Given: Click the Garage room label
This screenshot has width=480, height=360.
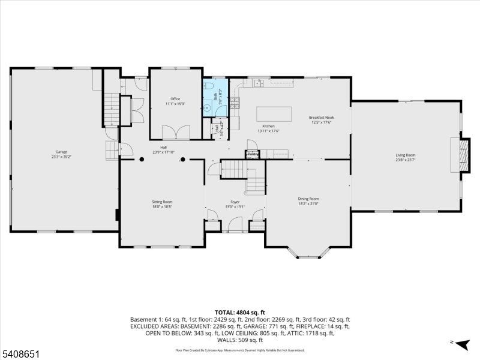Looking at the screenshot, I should pos(59,154).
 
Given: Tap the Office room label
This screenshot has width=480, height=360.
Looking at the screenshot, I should pos(175,99).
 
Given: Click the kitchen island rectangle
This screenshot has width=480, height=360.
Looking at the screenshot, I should pos(275,114).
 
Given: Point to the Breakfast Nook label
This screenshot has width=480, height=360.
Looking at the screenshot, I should pos(320,118).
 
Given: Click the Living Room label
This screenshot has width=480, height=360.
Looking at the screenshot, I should pos(406,155).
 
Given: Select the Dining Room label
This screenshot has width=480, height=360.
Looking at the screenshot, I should pos(308,199).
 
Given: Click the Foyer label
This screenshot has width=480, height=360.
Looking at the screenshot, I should pos(235,202).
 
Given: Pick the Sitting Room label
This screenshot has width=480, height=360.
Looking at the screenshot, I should pos(162,202).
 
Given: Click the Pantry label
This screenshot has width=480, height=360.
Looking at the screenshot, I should pos(253,154).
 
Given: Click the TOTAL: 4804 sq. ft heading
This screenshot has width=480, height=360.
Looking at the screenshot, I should pos(240,313).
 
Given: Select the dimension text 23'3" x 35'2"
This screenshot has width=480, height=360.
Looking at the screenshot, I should pos(59,157).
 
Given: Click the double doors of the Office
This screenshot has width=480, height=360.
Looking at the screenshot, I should pos(176,132).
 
